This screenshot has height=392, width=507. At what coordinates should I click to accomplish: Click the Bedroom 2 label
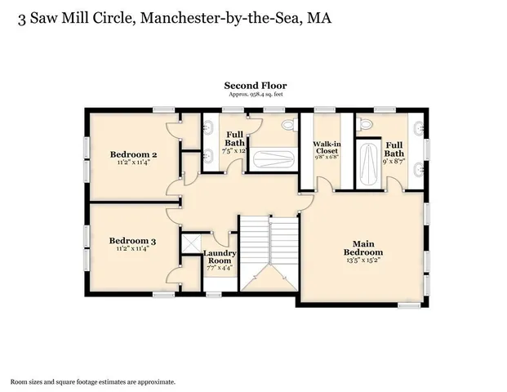tap(133, 154)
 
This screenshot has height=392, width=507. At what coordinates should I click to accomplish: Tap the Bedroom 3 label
tap(132, 241)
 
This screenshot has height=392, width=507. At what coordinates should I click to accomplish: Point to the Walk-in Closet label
tap(327, 148)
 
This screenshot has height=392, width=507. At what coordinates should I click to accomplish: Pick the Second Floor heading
tap(255, 85)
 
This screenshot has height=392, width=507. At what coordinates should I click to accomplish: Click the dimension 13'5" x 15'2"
tap(362, 262)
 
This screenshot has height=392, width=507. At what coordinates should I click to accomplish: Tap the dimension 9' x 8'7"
tap(394, 163)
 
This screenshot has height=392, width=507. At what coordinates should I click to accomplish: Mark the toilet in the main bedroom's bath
tap(364, 124)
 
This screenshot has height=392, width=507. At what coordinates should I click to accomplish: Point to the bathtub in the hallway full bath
tap(274, 158)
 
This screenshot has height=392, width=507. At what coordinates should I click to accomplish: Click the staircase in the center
tap(269, 249)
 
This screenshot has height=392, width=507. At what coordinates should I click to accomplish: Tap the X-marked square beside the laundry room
tap(193, 243)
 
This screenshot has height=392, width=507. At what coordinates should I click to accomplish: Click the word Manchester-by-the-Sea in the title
tap(215, 18)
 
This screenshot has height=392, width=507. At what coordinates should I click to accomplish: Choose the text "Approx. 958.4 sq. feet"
tap(255, 95)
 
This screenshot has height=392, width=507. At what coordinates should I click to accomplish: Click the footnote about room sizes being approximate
tap(92, 381)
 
